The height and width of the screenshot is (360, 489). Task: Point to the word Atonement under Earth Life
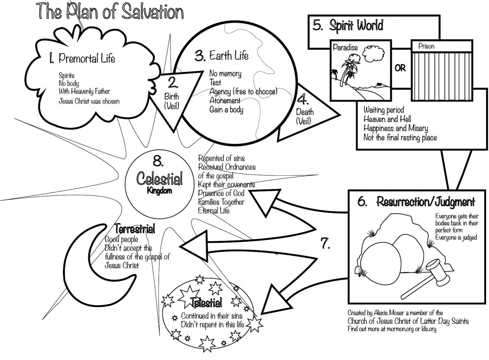pos(225,101)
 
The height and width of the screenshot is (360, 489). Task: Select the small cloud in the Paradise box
pos(372,53)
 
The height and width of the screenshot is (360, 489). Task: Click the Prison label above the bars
pos(426,46)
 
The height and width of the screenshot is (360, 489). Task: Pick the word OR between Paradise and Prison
pos(400,69)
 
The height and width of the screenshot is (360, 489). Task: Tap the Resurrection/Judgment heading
pos(425,202)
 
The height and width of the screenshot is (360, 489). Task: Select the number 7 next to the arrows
pos(324,243)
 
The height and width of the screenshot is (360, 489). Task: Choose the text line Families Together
pos(221,202)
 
